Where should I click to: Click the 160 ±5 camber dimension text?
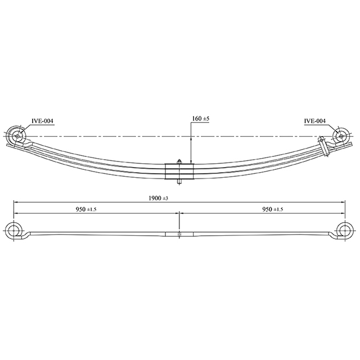[x=201, y=119]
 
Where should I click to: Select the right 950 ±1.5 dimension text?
[x=273, y=209]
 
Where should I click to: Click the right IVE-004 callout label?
[x=314, y=120]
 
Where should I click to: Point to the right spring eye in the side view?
[x=340, y=136]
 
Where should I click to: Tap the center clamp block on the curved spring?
[x=179, y=171]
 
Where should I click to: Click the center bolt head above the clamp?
[x=179, y=161]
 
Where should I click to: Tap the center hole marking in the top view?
[x=179, y=233]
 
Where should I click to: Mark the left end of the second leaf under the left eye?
[x=8, y=146]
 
